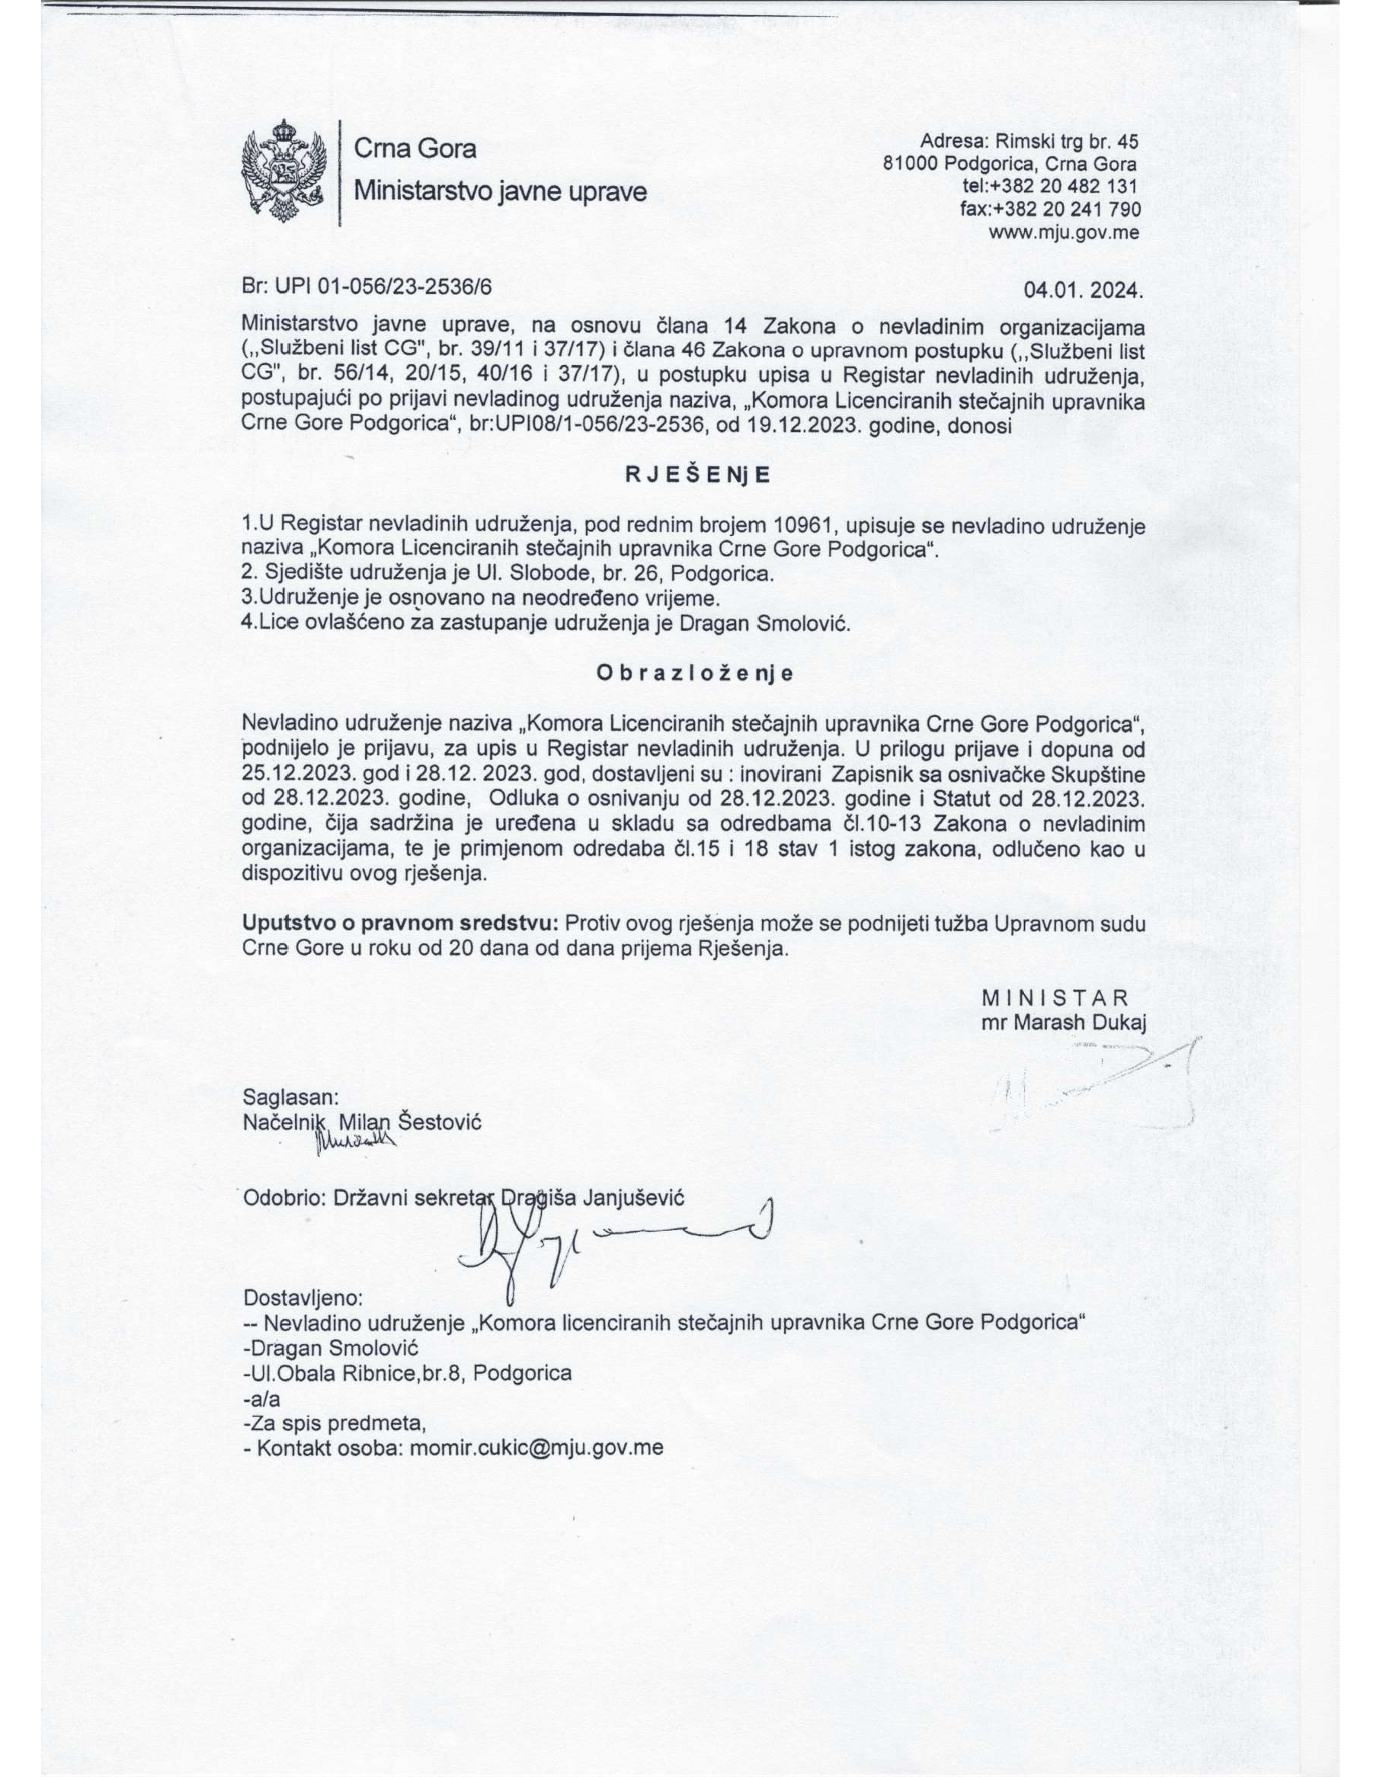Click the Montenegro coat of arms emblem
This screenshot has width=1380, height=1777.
284,171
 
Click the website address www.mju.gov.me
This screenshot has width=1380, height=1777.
1064,232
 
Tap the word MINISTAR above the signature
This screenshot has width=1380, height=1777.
1055,998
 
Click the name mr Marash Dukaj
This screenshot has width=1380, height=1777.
1064,1023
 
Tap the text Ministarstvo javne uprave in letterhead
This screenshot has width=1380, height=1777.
501,191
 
